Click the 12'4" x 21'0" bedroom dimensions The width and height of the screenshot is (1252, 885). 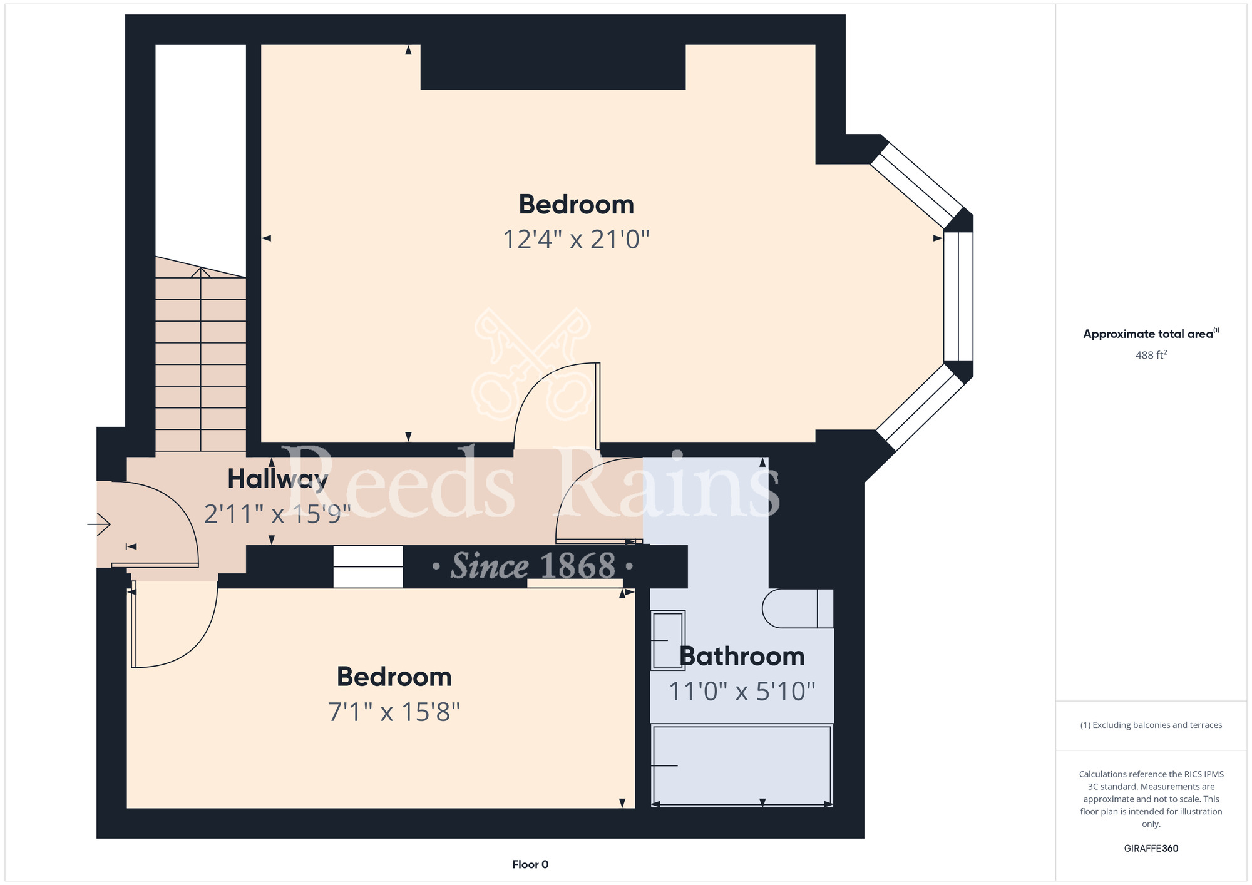pyautogui.click(x=577, y=239)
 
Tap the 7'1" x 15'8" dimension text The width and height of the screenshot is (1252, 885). pyautogui.click(x=394, y=712)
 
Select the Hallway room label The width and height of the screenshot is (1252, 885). pyautogui.click(x=277, y=479)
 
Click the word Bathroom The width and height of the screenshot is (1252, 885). pyautogui.click(x=742, y=657)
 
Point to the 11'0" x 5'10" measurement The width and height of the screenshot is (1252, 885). pyautogui.click(x=742, y=692)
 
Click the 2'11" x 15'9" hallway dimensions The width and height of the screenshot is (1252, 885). pyautogui.click(x=277, y=514)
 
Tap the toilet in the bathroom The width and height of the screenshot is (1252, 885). pyautogui.click(x=798, y=608)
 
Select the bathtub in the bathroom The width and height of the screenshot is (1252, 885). pyautogui.click(x=742, y=765)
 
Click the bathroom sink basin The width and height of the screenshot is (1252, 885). pyautogui.click(x=668, y=640)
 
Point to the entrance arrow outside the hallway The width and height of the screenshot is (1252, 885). pyautogui.click(x=99, y=523)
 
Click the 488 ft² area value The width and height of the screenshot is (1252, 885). pyautogui.click(x=1151, y=355)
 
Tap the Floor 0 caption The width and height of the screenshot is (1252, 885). pyautogui.click(x=530, y=864)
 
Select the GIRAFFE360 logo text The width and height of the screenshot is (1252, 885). pyautogui.click(x=1151, y=849)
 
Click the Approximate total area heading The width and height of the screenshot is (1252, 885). pyautogui.click(x=1151, y=334)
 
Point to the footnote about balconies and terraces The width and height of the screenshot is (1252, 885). pyautogui.click(x=1151, y=725)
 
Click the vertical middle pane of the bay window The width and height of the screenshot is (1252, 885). pyautogui.click(x=958, y=297)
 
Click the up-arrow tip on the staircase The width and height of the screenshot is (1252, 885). pyautogui.click(x=200, y=268)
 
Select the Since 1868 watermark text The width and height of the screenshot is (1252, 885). pyautogui.click(x=533, y=566)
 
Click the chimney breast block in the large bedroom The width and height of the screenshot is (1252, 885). pyautogui.click(x=553, y=67)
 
